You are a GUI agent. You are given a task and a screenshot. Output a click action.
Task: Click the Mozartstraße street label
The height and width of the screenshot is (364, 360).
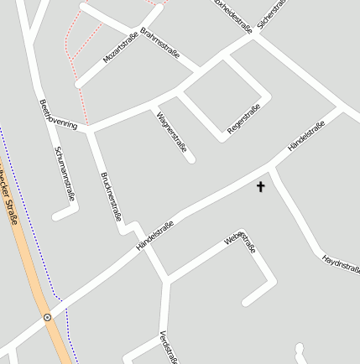(119, 47)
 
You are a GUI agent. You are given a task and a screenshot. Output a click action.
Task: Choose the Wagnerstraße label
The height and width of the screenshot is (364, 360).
(171, 130)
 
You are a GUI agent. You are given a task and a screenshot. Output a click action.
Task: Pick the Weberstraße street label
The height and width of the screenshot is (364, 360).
(239, 242)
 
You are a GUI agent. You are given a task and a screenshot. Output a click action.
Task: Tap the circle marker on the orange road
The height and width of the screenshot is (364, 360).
(47, 317)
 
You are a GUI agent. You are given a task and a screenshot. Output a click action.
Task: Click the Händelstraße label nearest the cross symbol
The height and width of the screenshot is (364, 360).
(306, 136)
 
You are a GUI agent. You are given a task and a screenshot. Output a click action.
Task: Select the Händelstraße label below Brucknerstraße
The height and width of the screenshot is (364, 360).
(154, 237)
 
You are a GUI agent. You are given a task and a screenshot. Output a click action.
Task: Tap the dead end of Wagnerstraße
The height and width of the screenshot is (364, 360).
(192, 158)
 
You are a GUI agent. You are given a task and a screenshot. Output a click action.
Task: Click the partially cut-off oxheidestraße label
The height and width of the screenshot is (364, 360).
(233, 14)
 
